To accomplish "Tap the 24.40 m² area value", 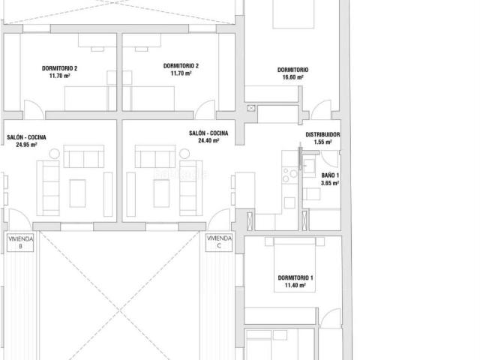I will (208, 140).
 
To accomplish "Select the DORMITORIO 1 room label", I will (295, 278).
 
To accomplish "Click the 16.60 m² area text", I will (292, 77).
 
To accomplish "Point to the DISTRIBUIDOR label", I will (322, 135).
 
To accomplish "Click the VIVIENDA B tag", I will (19, 241).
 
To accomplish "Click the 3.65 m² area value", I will (329, 182).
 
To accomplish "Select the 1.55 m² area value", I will (323, 142).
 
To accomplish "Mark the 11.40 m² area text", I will (295, 286).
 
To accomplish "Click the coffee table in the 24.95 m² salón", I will (78, 193).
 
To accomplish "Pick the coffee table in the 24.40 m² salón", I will (161, 193).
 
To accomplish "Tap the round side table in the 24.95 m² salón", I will (54, 154).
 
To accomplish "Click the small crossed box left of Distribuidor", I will (250, 109).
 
